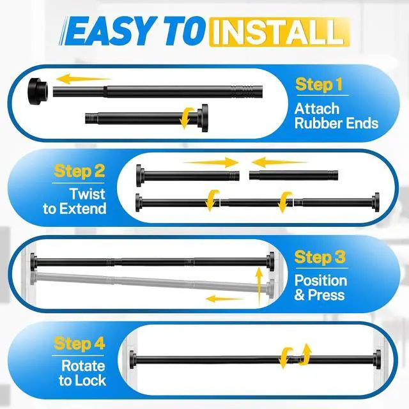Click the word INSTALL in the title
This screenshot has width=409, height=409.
coord(279,33)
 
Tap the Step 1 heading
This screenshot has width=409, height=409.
coord(318,84)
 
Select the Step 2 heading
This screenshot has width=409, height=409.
coord(79,171)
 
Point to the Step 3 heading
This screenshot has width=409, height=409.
coord(320,257)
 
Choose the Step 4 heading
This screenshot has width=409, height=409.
coord(79,344)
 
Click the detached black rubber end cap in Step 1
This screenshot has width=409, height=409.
coord(38,91)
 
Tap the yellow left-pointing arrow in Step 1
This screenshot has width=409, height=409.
coord(84,79)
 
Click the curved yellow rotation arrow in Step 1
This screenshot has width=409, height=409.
coord(186,118)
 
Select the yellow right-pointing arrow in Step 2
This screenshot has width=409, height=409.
coord(212,162)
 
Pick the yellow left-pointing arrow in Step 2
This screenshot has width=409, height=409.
coord(279,162)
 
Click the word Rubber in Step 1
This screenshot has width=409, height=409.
coord(316,123)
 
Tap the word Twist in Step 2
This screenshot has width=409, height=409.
coord(88,194)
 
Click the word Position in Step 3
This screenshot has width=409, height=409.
coord(321,281)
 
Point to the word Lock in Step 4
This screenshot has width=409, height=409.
coord(93,381)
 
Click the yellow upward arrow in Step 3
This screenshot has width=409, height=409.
coord(259,286)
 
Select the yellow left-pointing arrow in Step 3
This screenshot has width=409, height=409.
coord(224,299)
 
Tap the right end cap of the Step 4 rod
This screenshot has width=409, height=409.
coord(377,359)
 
